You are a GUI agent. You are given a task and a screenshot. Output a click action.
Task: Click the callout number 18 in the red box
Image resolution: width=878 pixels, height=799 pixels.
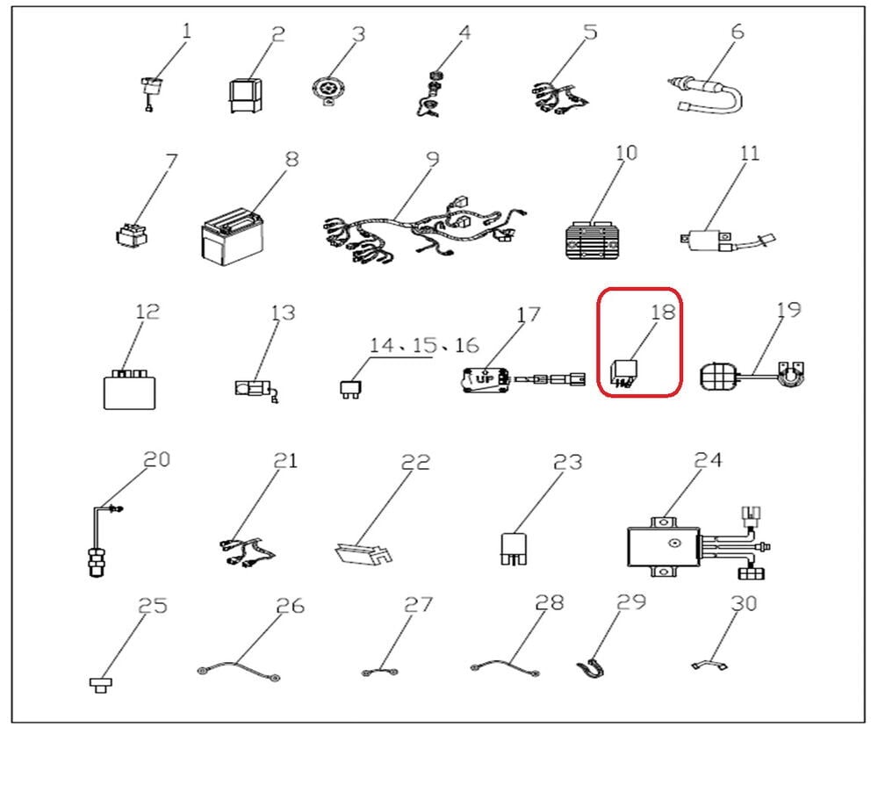tap(663, 312)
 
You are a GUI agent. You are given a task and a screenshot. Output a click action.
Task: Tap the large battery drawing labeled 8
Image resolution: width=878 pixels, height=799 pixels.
tap(232, 238)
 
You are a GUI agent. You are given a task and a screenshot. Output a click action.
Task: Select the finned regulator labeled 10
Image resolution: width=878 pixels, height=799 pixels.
tap(593, 241)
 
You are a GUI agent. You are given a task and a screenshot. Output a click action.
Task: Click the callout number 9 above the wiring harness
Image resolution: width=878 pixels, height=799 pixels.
tap(432, 159)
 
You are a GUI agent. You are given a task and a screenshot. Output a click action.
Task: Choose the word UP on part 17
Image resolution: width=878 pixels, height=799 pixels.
tap(484, 379)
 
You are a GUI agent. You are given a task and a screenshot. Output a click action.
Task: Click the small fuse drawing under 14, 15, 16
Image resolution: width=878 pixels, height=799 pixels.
tap(350, 389)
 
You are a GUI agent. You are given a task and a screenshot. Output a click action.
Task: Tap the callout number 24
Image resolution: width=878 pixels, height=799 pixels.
tap(709, 460)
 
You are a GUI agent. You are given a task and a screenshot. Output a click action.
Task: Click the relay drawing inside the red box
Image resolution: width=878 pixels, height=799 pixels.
tap(623, 375)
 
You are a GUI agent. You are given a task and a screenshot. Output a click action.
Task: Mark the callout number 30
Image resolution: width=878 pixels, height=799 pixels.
tap(744, 603)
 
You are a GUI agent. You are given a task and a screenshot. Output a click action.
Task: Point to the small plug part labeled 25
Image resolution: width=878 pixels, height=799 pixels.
tap(101, 684)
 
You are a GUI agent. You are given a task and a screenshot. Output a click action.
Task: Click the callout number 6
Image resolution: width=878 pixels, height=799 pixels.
tap(738, 32)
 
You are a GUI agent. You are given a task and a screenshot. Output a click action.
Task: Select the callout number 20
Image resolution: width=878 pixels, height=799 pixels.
tap(157, 459)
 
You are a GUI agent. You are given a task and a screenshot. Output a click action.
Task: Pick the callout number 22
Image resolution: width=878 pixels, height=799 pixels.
tap(416, 462)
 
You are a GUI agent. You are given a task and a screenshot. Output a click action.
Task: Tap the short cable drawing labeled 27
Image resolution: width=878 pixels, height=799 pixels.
tap(380, 672)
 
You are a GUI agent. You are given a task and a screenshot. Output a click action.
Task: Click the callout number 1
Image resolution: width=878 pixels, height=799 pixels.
tap(187, 30)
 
